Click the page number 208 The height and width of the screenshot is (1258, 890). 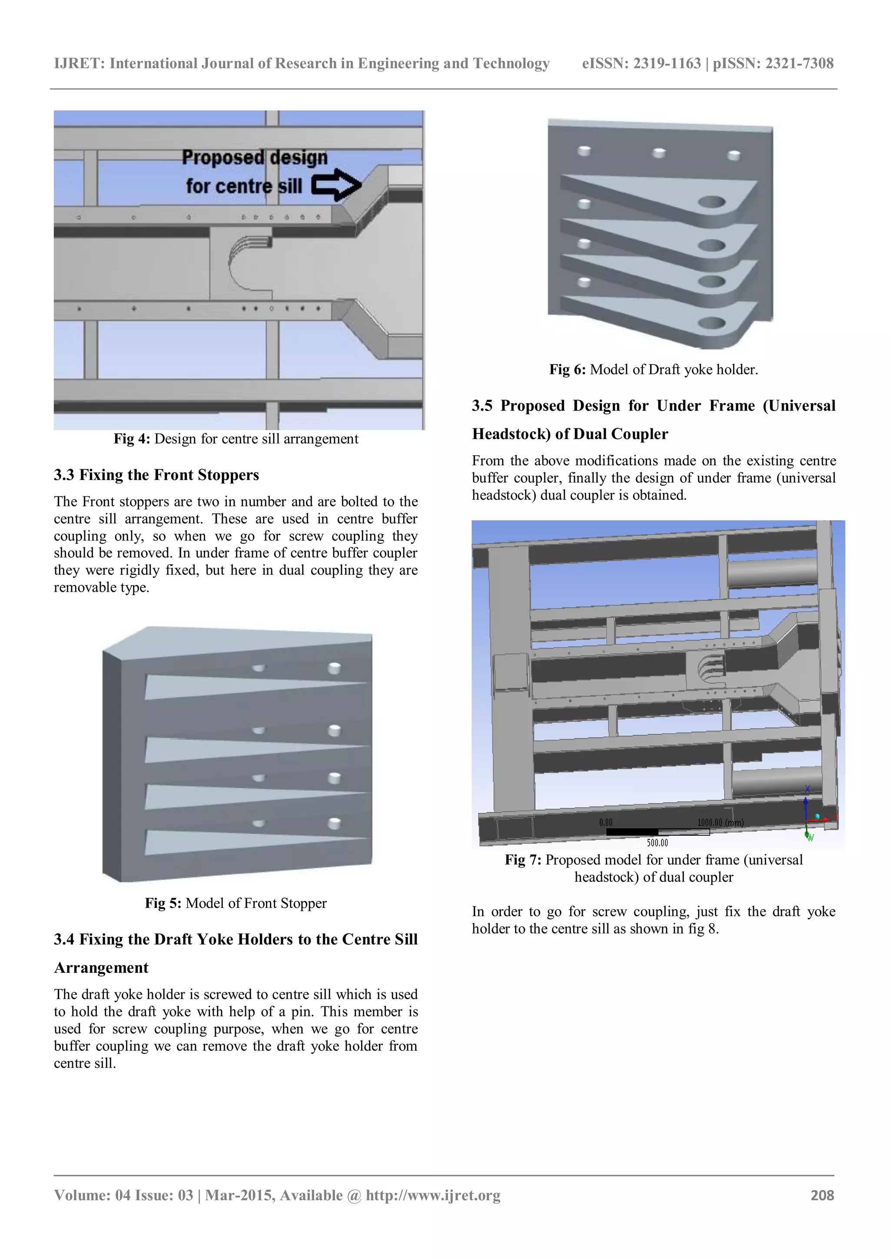click(822, 1195)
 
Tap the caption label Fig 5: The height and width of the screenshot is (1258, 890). click(163, 903)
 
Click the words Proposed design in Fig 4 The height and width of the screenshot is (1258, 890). click(254, 157)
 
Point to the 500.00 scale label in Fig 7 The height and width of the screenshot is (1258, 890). click(657, 843)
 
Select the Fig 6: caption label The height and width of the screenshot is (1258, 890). click(567, 370)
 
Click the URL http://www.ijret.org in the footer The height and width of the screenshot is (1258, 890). click(433, 1195)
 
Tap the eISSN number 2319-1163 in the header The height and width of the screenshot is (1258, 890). click(667, 63)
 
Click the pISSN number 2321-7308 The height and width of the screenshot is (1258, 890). click(799, 63)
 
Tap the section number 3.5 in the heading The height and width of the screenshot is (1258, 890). click(482, 406)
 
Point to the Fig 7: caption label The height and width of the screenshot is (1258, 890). click(523, 860)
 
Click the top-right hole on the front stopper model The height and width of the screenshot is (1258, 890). click(334, 667)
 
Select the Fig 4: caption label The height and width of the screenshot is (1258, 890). click(132, 439)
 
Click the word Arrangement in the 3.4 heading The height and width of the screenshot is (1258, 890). click(101, 967)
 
